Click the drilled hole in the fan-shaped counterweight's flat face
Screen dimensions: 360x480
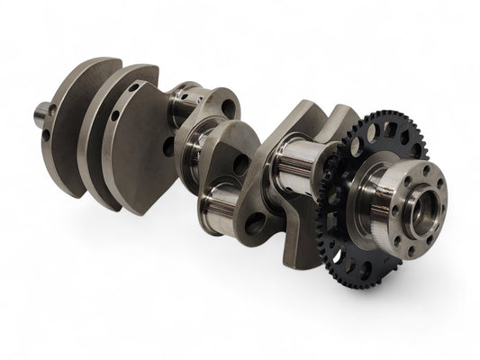[168, 146]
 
